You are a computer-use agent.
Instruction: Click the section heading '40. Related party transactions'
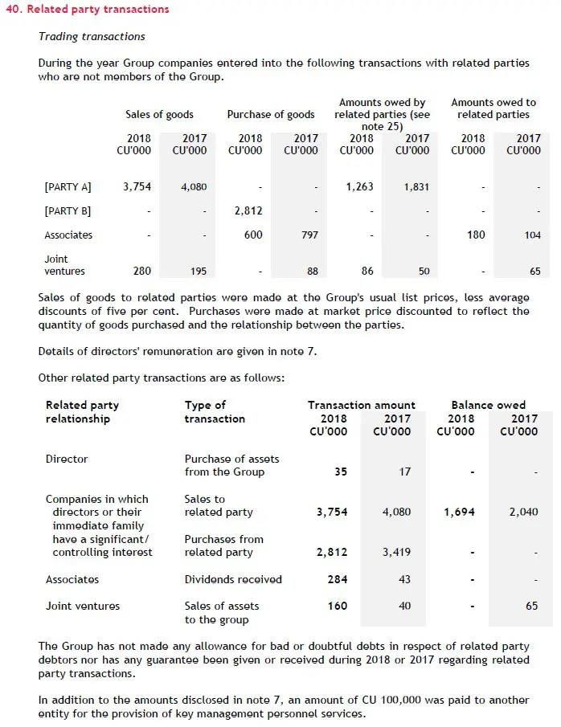(x=88, y=10)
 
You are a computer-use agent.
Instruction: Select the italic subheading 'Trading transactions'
(x=92, y=37)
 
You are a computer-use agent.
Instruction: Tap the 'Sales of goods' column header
(x=159, y=115)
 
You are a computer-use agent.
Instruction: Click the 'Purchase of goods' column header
(x=271, y=115)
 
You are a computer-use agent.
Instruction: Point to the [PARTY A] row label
(x=68, y=187)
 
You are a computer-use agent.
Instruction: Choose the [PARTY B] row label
(x=68, y=211)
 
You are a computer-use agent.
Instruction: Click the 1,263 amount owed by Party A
(x=359, y=187)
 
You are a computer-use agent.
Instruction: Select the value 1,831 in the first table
(x=416, y=187)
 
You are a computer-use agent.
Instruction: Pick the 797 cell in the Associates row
(x=309, y=235)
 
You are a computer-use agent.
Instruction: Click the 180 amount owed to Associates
(x=476, y=235)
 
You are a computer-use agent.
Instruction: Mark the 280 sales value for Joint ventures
(x=141, y=272)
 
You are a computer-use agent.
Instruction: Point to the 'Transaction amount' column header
(x=362, y=406)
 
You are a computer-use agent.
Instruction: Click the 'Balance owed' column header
(x=489, y=406)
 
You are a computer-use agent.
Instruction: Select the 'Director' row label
(x=67, y=459)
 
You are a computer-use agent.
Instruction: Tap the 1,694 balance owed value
(x=459, y=512)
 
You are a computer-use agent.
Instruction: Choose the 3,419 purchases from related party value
(x=397, y=553)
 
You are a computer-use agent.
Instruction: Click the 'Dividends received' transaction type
(x=233, y=580)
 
